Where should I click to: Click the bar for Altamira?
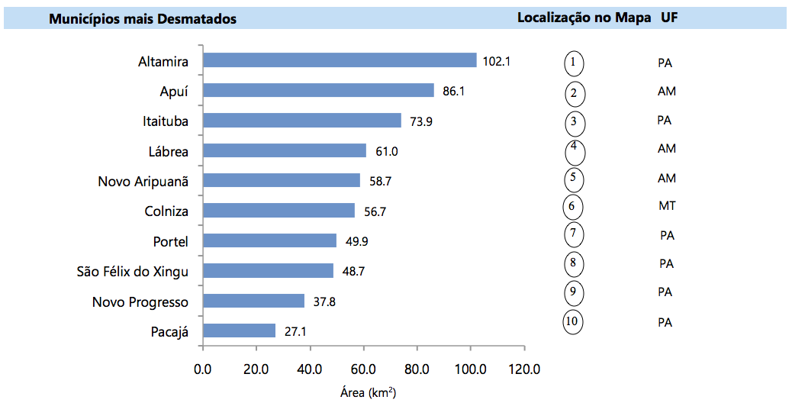pos(340,60)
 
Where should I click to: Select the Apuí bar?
pos(318,91)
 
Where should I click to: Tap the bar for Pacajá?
pos(239,330)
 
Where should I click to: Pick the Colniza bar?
pos(278,211)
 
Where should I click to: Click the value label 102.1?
pos(497,61)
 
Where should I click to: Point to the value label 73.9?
pos(420,121)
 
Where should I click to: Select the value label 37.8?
pos(324,301)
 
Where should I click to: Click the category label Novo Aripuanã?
pos(143,181)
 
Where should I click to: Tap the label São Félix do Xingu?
pos(132,271)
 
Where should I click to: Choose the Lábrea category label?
pos(168,151)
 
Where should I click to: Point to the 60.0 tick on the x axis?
pos(363,369)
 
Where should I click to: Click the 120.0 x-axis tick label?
pos(524,369)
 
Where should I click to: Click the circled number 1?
pos(574,63)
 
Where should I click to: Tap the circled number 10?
pos(572,321)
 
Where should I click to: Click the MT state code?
pos(667,206)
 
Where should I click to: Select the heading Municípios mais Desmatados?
pos(143,19)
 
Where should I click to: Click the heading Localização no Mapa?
pos(584,18)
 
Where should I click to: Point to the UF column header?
pos(669,18)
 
